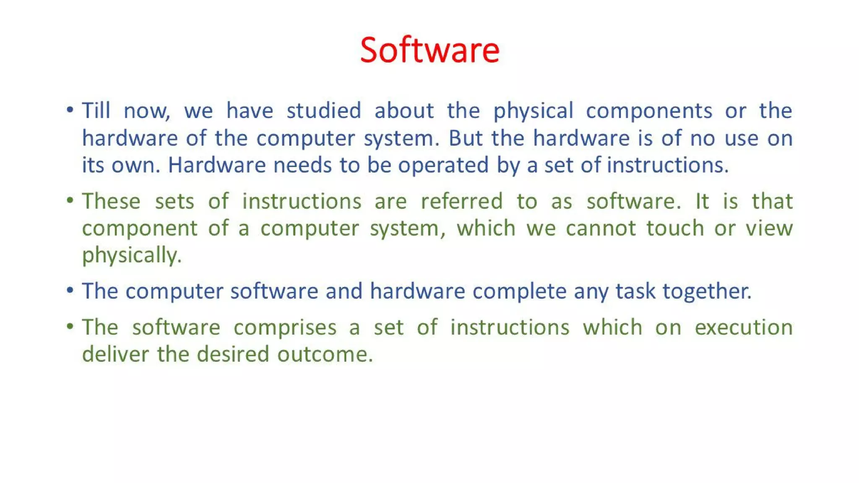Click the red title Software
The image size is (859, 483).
click(x=429, y=50)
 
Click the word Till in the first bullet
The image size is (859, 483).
click(x=96, y=111)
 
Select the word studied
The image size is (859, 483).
click(x=323, y=111)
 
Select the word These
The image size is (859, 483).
click(x=111, y=201)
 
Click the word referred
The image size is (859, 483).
click(x=461, y=201)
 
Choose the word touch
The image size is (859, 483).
click(x=675, y=229)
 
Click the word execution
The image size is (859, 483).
click(x=743, y=327)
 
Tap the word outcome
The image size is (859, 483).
click(x=325, y=355)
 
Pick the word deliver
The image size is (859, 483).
click(x=115, y=355)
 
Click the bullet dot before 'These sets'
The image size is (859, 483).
click(x=70, y=200)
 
